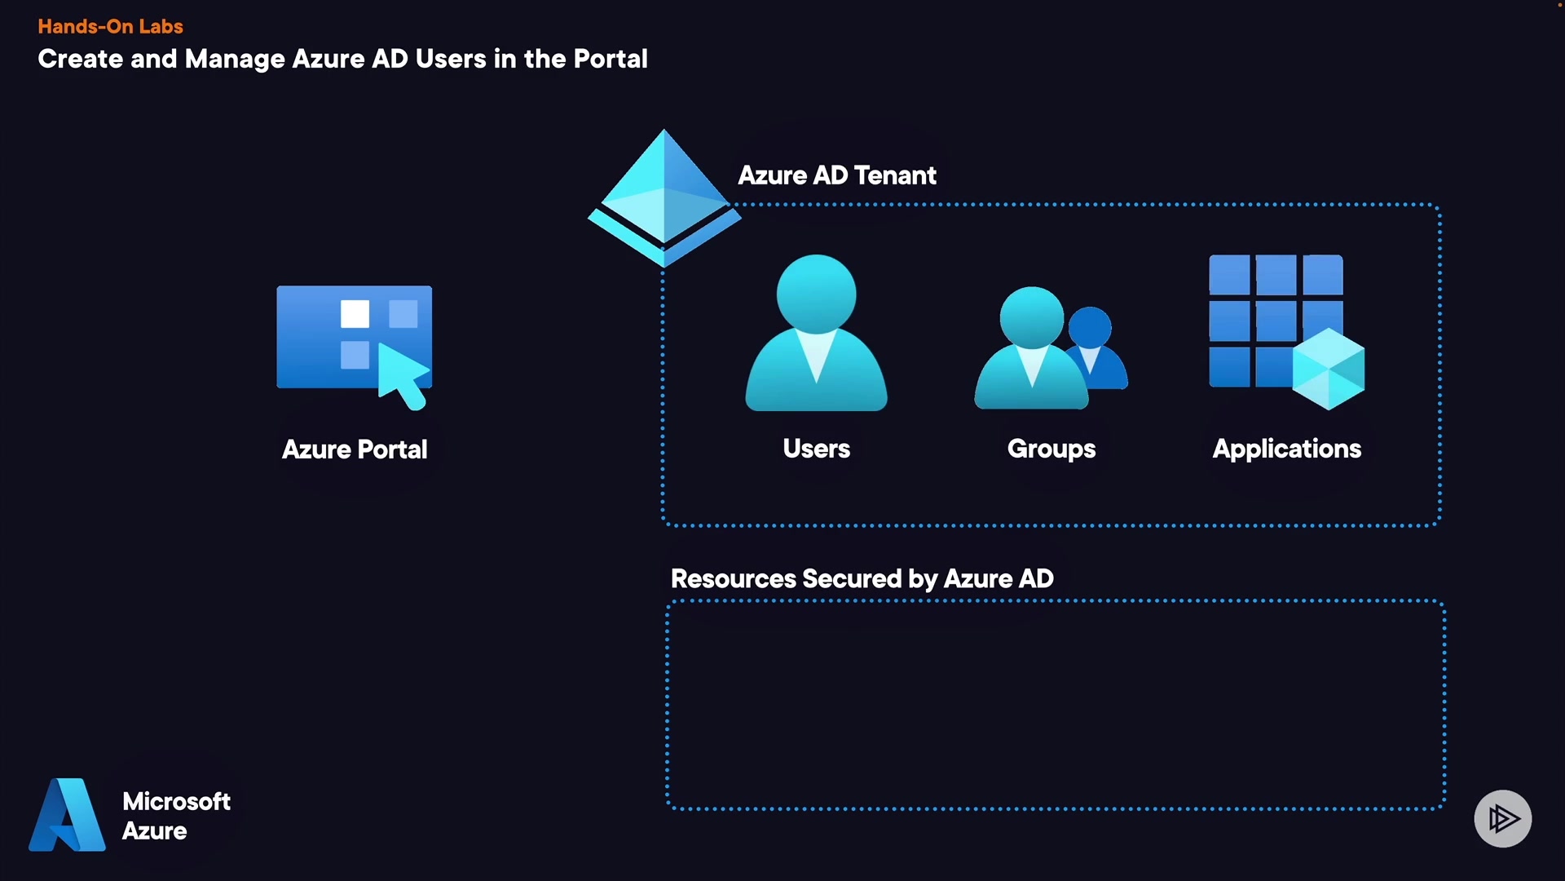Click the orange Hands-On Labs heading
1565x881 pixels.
point(110,26)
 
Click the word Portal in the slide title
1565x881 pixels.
point(610,59)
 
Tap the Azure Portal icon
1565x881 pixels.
point(354,343)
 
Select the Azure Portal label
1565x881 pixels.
point(355,449)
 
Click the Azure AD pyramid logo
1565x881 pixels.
point(664,197)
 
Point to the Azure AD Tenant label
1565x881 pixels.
point(837,175)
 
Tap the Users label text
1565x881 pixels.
point(816,449)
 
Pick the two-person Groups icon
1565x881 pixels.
point(1050,349)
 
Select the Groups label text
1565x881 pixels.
point(1051,449)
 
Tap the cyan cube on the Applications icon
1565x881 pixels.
point(1328,369)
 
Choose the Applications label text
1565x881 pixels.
point(1287,449)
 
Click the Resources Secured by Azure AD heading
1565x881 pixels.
point(862,578)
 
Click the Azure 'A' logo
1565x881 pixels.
point(68,815)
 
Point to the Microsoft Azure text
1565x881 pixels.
point(176,816)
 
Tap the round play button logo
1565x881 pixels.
point(1502,818)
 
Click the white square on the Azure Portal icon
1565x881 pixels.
point(355,314)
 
